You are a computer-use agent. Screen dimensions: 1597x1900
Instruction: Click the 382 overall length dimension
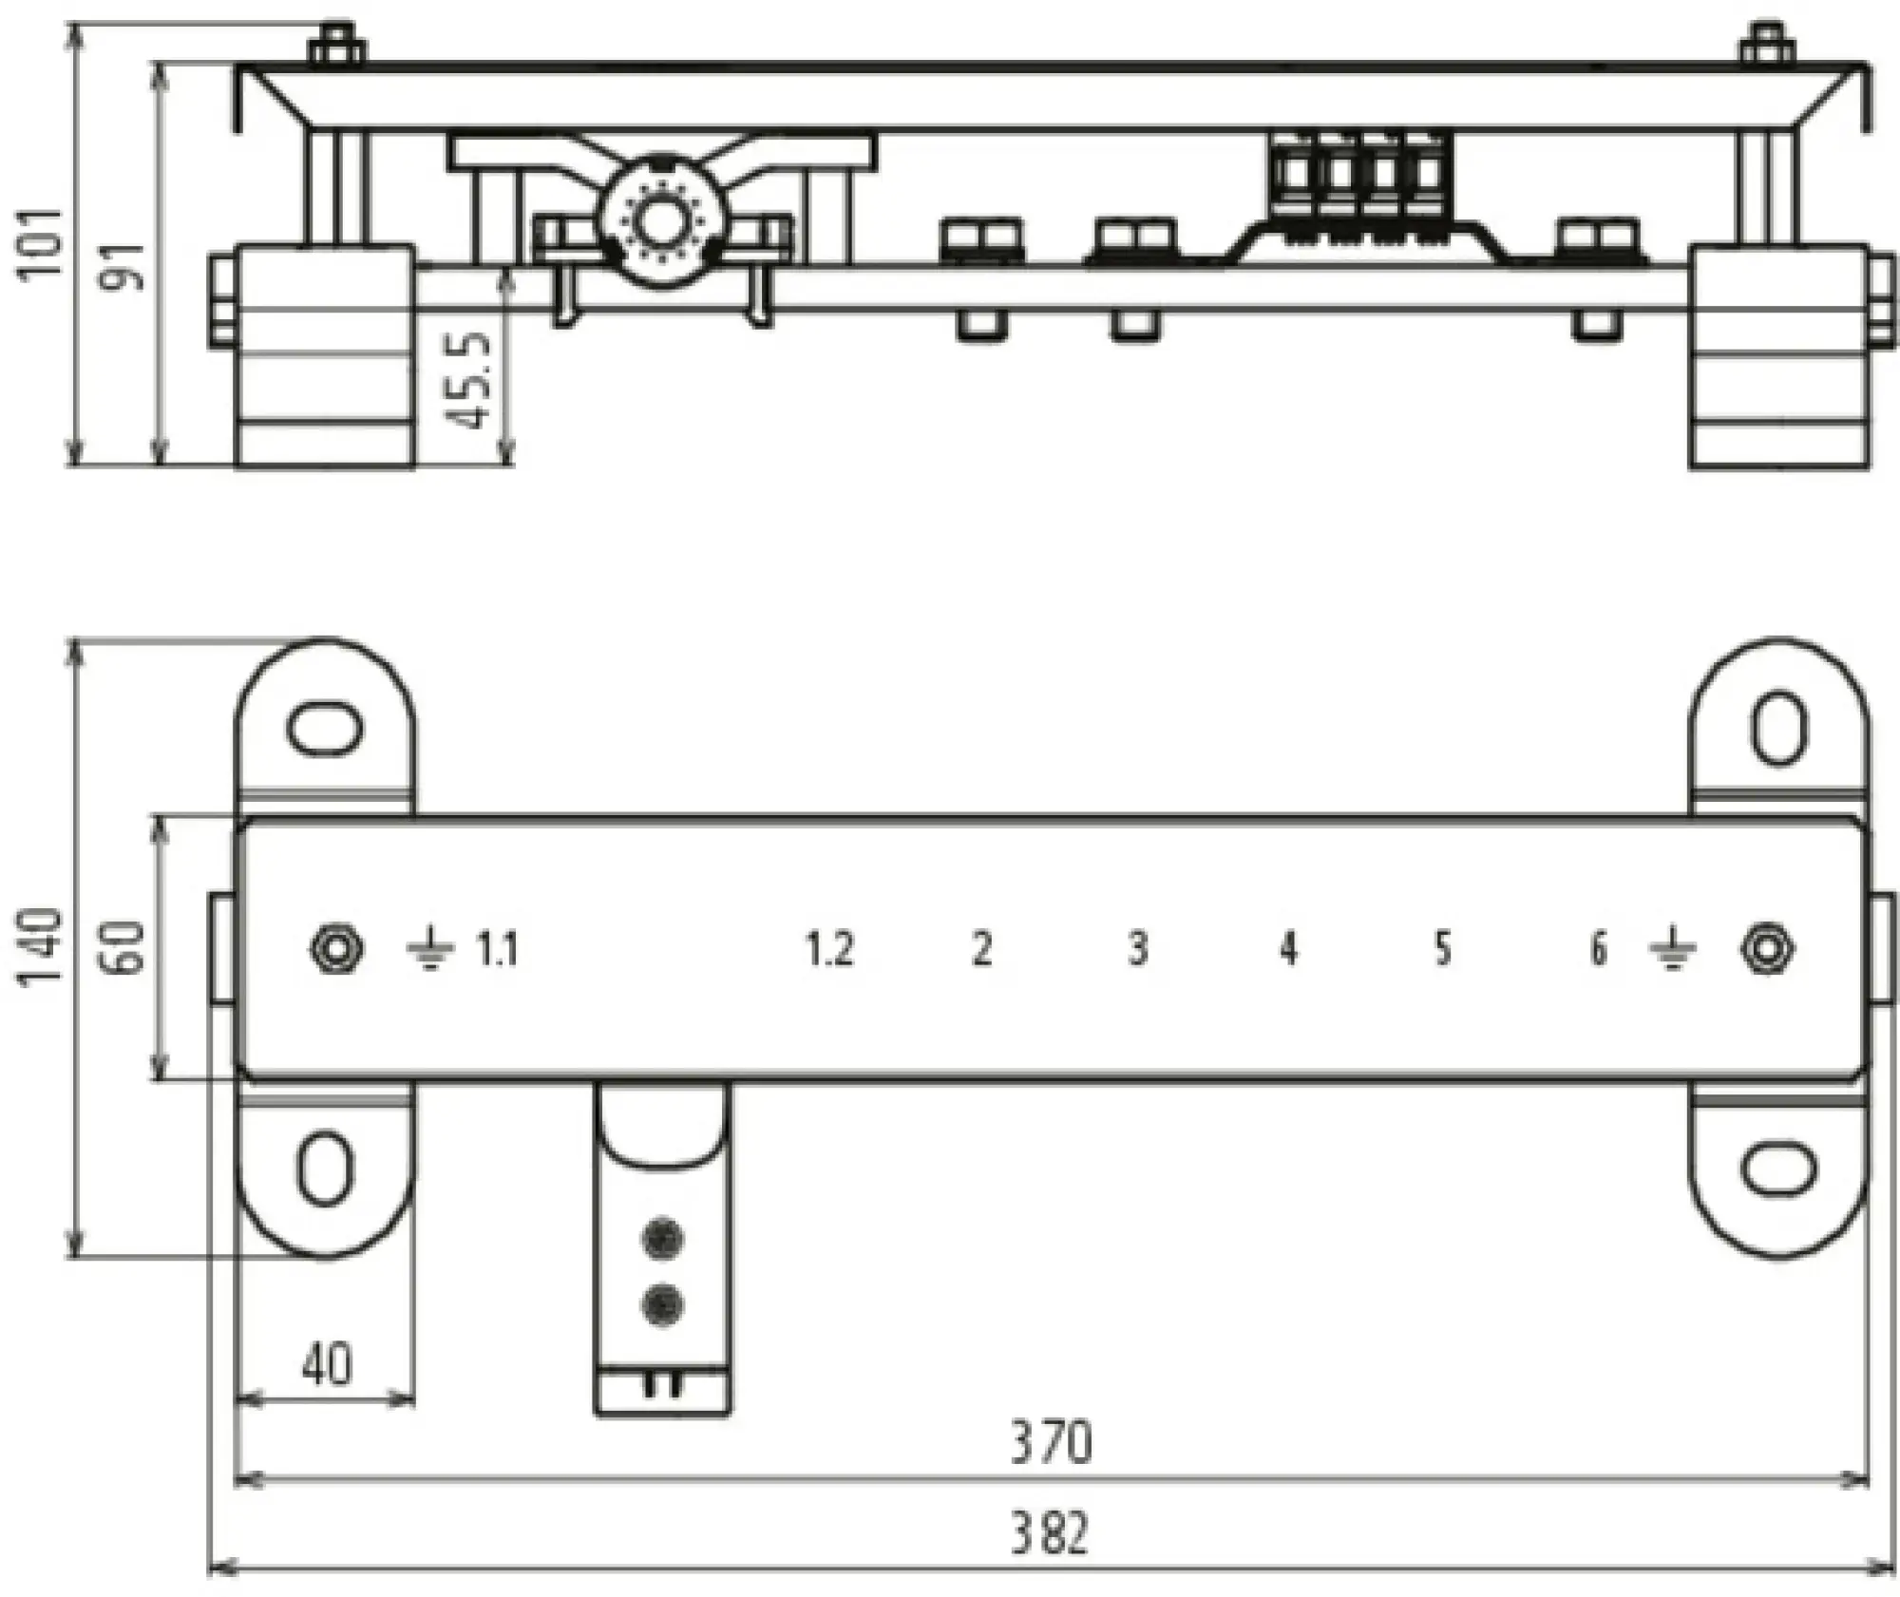(1049, 1533)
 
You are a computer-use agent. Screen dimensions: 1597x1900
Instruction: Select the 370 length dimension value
(1051, 1443)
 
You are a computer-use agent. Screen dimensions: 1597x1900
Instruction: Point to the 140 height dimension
(44, 948)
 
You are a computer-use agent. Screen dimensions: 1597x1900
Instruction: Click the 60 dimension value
(129, 948)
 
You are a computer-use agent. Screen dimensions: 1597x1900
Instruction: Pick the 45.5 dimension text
(471, 380)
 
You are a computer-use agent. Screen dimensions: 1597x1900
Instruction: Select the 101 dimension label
(44, 243)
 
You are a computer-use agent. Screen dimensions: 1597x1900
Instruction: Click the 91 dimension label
(127, 267)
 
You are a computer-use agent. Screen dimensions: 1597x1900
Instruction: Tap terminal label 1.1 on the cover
(497, 949)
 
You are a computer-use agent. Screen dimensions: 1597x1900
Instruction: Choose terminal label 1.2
(830, 949)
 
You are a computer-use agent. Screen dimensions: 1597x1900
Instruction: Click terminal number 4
(1288, 949)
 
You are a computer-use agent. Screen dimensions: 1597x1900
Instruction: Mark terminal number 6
(1598, 949)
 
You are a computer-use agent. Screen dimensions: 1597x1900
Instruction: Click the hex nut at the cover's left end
(337, 949)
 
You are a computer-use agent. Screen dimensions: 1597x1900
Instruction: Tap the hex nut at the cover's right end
(1767, 949)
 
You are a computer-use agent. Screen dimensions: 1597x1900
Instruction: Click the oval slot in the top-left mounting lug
(325, 730)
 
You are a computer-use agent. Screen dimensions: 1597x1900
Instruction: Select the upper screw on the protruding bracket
(663, 1239)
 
